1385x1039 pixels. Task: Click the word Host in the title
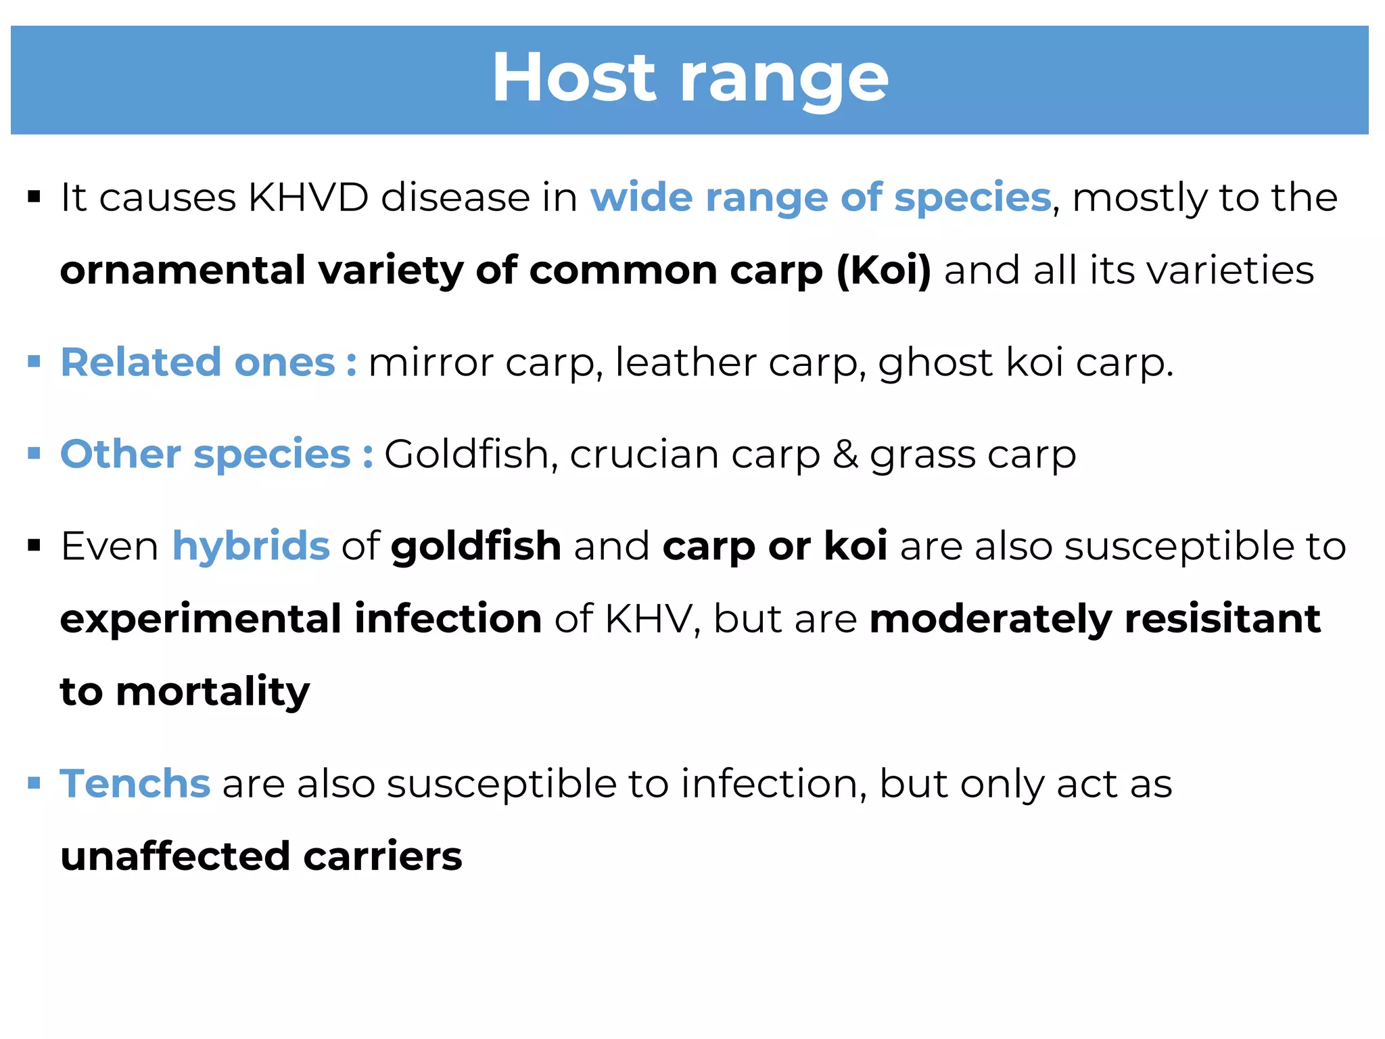573,78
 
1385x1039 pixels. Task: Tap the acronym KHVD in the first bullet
308,198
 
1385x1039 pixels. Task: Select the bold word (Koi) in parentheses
883,271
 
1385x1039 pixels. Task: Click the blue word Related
141,362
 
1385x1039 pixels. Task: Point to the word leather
685,362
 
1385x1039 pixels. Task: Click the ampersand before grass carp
845,454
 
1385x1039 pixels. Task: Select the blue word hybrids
251,545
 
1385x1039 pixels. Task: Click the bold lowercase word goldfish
476,547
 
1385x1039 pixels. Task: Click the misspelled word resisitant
1222,618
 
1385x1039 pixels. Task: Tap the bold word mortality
212,692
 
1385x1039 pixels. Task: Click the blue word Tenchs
135,783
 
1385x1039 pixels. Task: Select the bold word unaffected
175,856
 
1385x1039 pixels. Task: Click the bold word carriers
383,856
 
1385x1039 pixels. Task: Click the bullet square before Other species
34,453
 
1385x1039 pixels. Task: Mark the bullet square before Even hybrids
34,545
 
